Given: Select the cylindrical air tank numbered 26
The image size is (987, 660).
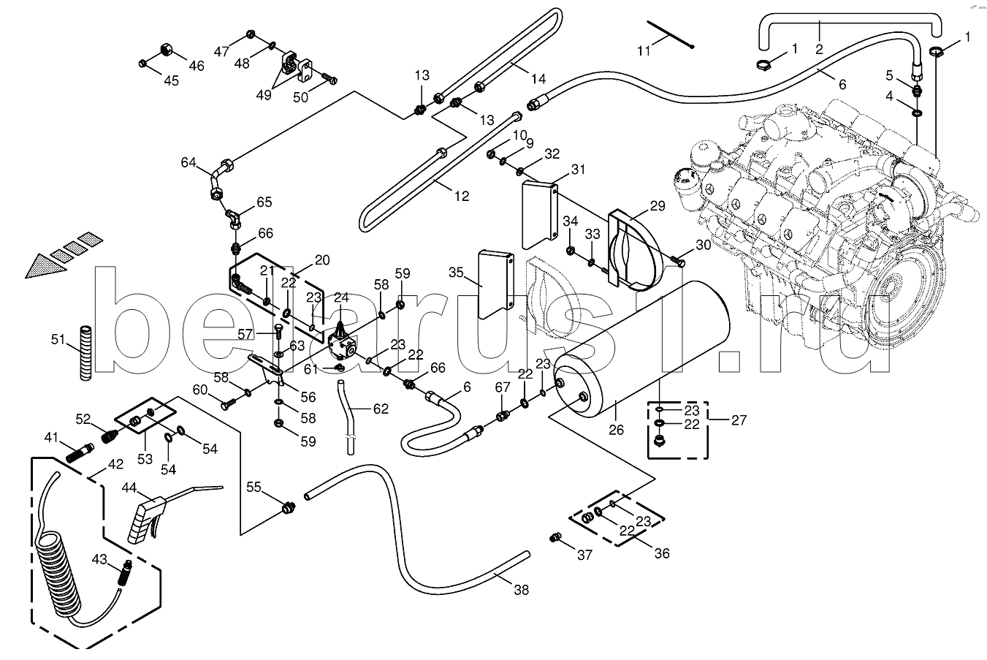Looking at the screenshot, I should tap(643, 351).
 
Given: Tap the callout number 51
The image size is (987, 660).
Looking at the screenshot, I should tap(59, 338).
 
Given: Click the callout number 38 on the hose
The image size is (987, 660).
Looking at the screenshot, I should tap(522, 589).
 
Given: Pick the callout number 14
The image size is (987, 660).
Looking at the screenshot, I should tap(538, 80).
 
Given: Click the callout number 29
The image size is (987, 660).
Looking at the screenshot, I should tap(658, 207).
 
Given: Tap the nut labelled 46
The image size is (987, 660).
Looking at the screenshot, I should tap(166, 51).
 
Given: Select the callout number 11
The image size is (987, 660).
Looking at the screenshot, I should tap(643, 51).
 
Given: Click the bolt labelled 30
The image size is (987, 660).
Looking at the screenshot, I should tap(678, 259).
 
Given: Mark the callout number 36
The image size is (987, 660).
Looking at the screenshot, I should tap(661, 553).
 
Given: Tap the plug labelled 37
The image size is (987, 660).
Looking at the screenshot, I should tap(555, 538).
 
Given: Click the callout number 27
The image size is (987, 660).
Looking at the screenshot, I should tap(739, 420).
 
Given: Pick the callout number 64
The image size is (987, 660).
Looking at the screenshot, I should tap(188, 162).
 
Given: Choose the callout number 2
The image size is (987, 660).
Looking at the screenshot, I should tap(819, 49).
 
